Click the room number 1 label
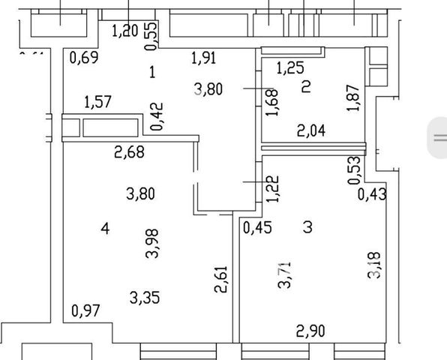pos(152,72)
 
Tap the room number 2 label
pos(306,87)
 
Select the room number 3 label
pos(308,227)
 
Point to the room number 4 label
pos(105,228)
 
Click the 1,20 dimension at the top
pos(125,31)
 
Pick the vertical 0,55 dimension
pos(151,36)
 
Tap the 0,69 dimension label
pos(84,58)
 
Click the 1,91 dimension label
pos(203,58)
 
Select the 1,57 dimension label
pos(97,102)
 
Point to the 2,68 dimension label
pos(129,152)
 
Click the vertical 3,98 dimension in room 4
pos(152,244)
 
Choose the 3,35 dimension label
pos(145,298)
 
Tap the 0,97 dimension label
pos(85,310)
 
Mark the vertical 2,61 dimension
pos(221,279)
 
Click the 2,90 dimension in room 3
pos(310,331)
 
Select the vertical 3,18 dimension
pos(374,265)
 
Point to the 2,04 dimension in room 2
pos(311,130)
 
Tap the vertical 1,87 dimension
pos(353,97)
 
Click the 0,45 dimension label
pos(257,228)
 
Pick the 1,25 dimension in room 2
pos(290,68)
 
